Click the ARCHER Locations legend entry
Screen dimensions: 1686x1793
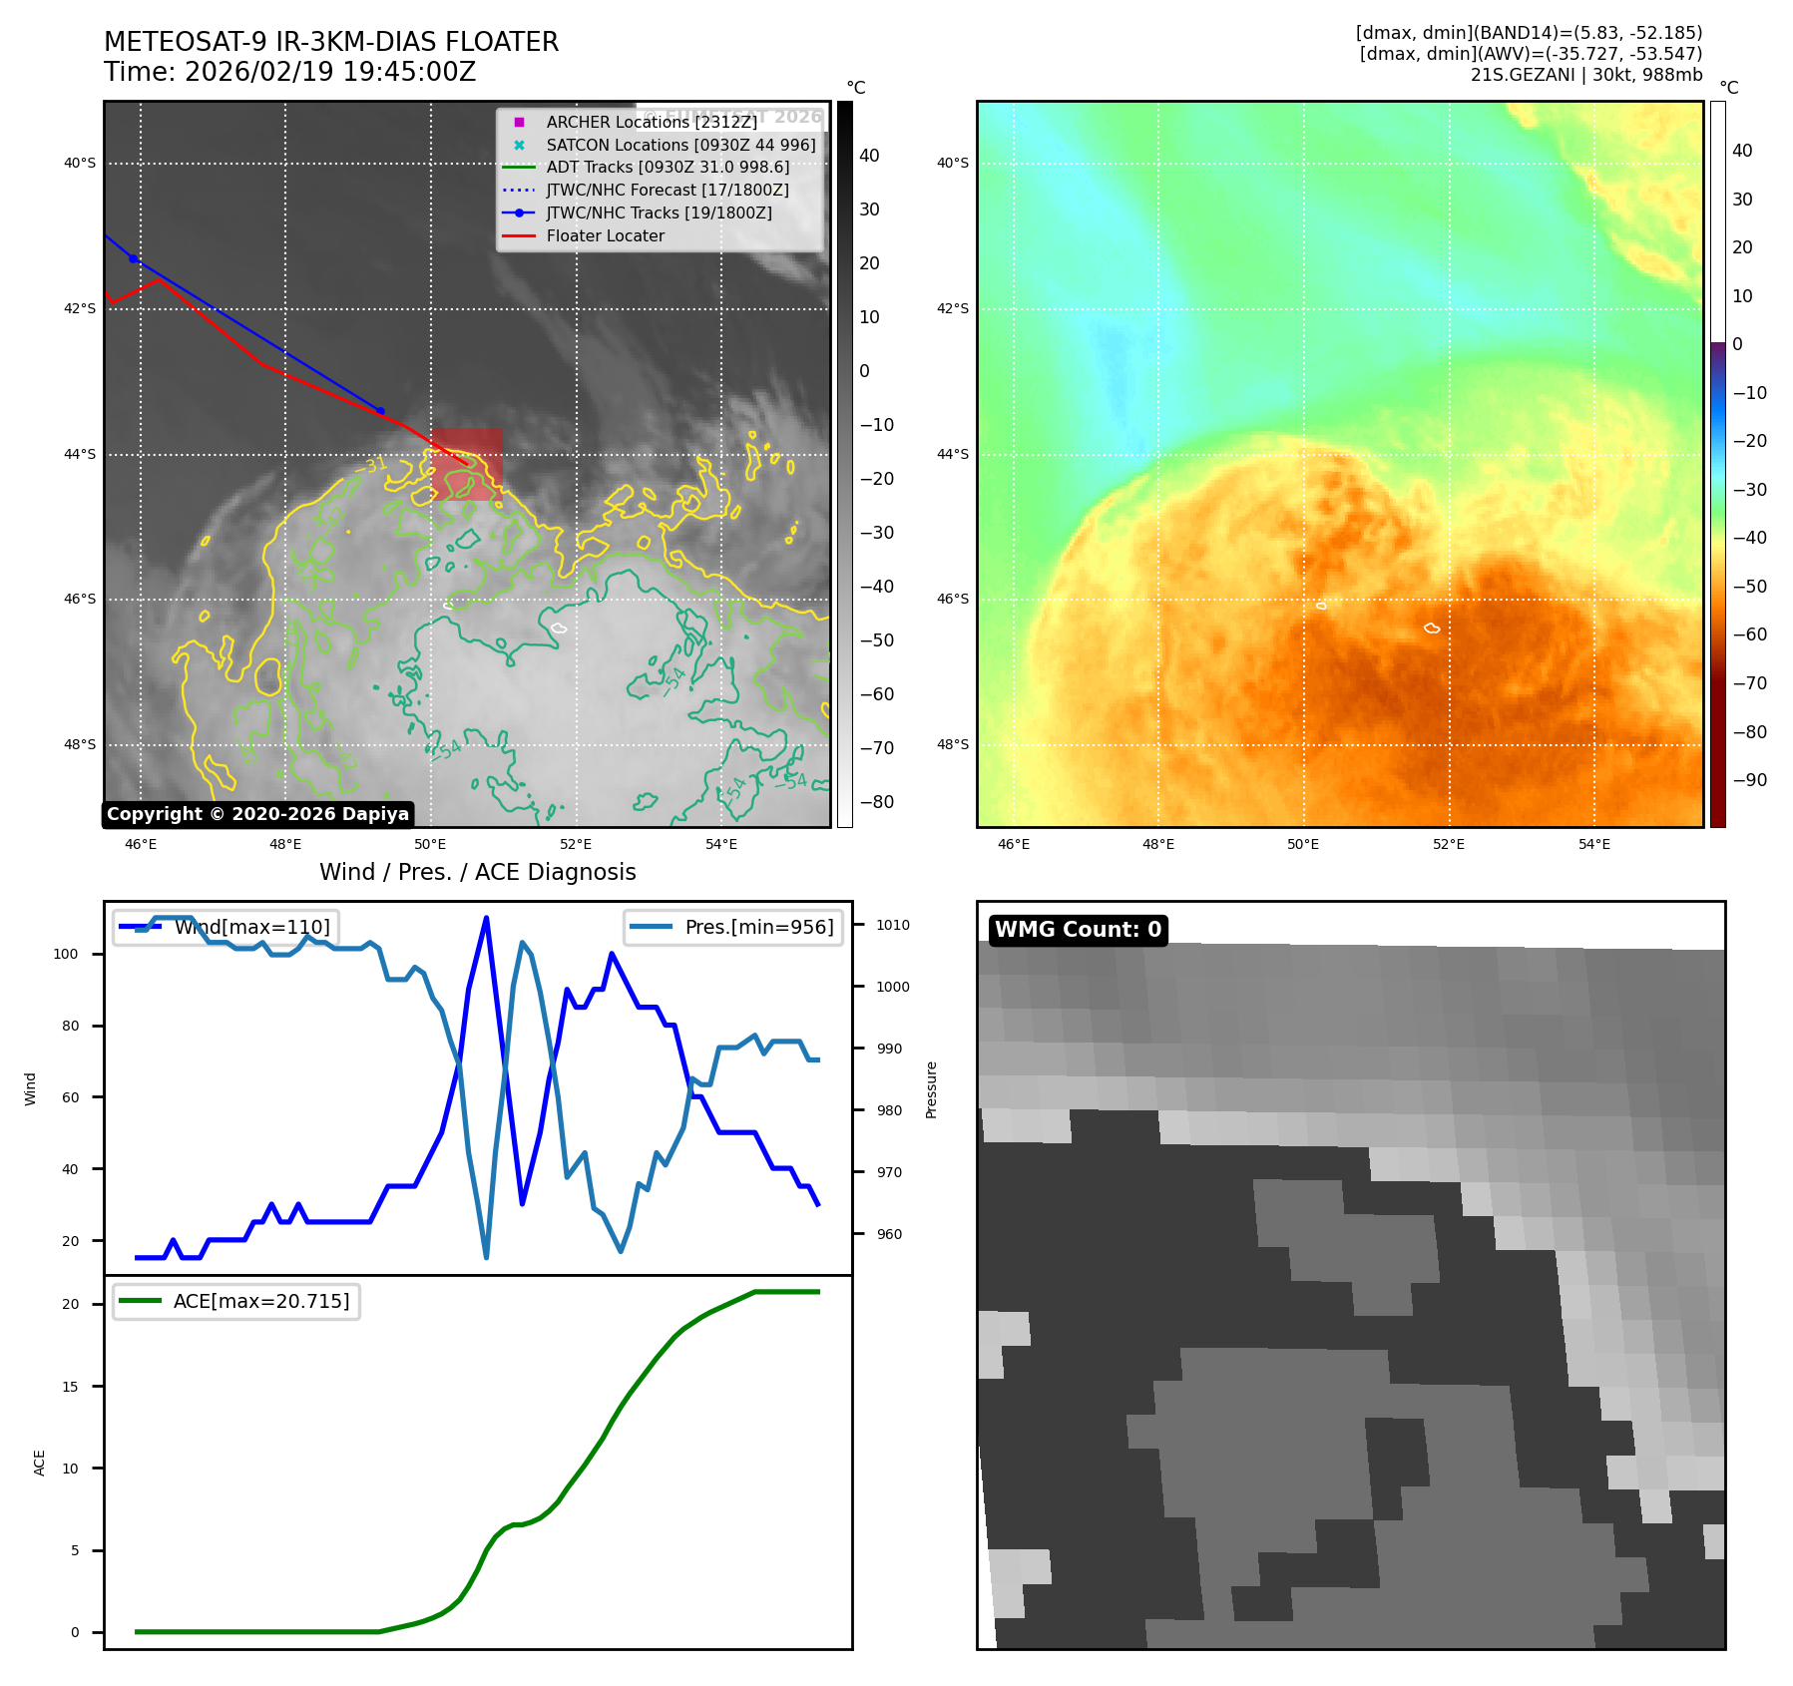click(652, 122)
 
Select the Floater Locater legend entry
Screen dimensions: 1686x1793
click(605, 235)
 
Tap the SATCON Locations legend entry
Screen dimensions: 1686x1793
click(680, 145)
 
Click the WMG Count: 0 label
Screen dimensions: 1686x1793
click(1078, 930)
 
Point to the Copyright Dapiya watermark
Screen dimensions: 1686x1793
click(257, 814)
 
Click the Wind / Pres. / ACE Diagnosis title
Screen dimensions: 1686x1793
click(477, 872)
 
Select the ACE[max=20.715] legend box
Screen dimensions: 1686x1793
click(236, 1301)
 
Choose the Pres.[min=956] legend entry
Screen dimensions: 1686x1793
click(733, 927)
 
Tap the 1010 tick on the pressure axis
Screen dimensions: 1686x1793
click(893, 925)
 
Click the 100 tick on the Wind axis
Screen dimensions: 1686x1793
click(66, 954)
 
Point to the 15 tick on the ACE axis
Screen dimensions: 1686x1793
click(70, 1387)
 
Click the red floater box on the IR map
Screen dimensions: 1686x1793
click(467, 465)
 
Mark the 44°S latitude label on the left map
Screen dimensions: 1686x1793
click(80, 454)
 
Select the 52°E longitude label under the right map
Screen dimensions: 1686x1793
click(1449, 844)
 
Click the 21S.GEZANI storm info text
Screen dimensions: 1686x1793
click(1586, 75)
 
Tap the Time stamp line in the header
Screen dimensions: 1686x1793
click(289, 72)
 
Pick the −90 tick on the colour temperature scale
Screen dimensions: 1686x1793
click(1750, 780)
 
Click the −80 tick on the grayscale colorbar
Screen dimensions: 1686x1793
click(877, 802)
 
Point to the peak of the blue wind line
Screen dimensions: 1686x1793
click(486, 918)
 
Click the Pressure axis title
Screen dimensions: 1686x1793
click(931, 1089)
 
